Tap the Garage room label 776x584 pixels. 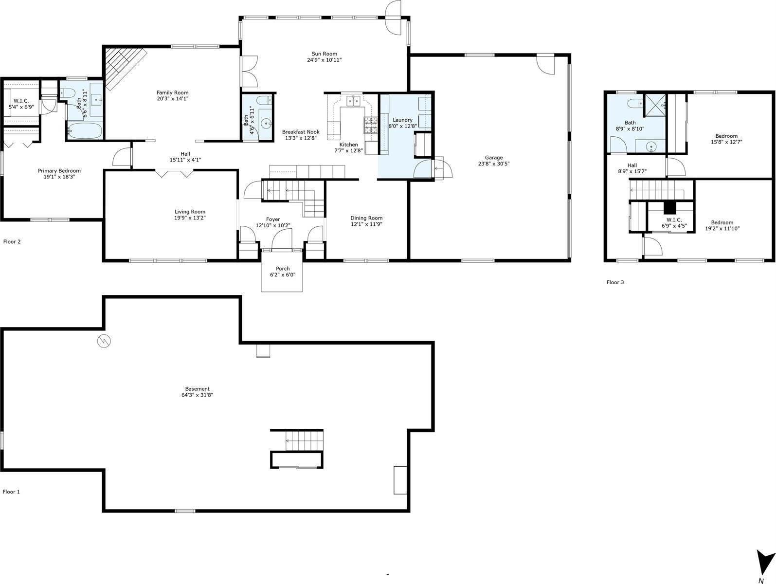493,158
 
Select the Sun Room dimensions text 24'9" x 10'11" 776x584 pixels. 324,60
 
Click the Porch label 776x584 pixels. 283,269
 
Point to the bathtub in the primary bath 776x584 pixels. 85,131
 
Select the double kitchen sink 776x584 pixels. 353,101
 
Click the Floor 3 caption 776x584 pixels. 615,282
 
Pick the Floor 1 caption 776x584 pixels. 11,492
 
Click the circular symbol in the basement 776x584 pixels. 104,341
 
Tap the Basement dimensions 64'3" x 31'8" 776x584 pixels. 197,395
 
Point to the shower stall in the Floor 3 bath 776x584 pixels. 655,105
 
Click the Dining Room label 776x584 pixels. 366,218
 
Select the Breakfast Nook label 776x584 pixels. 301,132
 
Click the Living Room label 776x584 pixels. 190,212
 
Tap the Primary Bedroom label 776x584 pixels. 59,171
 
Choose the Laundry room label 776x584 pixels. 402,120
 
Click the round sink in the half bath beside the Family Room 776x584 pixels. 266,124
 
